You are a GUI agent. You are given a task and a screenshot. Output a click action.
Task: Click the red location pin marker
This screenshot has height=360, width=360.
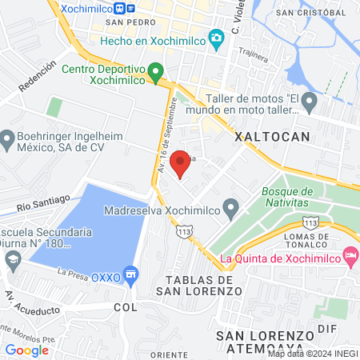[182, 162]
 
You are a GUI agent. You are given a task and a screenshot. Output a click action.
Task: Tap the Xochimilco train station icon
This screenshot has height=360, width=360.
[119, 8]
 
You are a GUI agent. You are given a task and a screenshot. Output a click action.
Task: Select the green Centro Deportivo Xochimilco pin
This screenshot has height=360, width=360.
[156, 70]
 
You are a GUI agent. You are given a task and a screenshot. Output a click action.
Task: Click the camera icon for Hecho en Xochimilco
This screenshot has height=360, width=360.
[215, 38]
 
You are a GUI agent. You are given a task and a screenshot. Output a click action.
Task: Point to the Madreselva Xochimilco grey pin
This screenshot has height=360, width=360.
[231, 211]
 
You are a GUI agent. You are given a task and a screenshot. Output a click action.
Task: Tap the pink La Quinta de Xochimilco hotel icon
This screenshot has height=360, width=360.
[350, 257]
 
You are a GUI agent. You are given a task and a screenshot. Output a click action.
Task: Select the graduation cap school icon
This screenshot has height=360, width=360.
[13, 259]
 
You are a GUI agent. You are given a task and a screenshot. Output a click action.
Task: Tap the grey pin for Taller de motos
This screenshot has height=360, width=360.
[310, 102]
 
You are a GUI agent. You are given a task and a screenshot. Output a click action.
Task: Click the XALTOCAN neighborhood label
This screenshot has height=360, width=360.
[271, 137]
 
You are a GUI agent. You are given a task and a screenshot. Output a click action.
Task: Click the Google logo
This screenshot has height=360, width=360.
[26, 350]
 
